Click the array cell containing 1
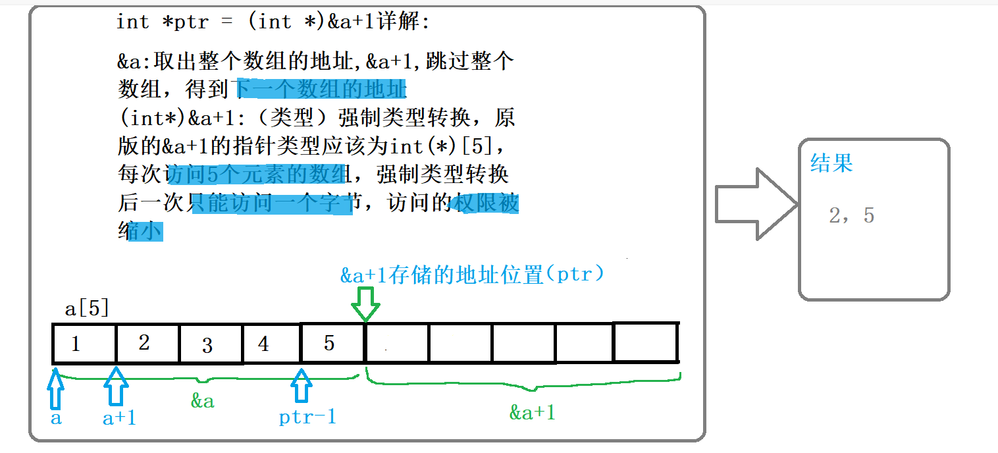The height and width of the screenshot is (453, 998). point(84,343)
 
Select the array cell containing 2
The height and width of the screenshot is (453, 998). point(147,343)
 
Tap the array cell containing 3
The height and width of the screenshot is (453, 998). point(211,344)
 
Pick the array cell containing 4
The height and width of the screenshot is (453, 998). point(271,344)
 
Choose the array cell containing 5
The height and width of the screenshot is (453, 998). point(332,343)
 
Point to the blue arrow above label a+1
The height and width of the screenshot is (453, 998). point(117,386)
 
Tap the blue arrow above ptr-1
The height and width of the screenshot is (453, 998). point(302,386)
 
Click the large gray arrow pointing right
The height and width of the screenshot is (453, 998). point(756,203)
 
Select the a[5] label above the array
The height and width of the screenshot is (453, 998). point(86,309)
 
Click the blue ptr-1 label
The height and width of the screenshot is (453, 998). point(307,417)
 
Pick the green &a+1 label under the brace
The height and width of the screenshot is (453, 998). point(532,413)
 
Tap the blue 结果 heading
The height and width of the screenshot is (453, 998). point(831,163)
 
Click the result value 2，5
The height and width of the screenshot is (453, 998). point(851,216)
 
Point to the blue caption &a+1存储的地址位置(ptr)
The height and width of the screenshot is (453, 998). point(472,275)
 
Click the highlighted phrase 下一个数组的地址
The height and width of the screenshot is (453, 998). point(321,88)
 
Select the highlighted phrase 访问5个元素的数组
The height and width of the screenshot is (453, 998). point(257,174)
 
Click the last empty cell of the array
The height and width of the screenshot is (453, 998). point(645,342)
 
